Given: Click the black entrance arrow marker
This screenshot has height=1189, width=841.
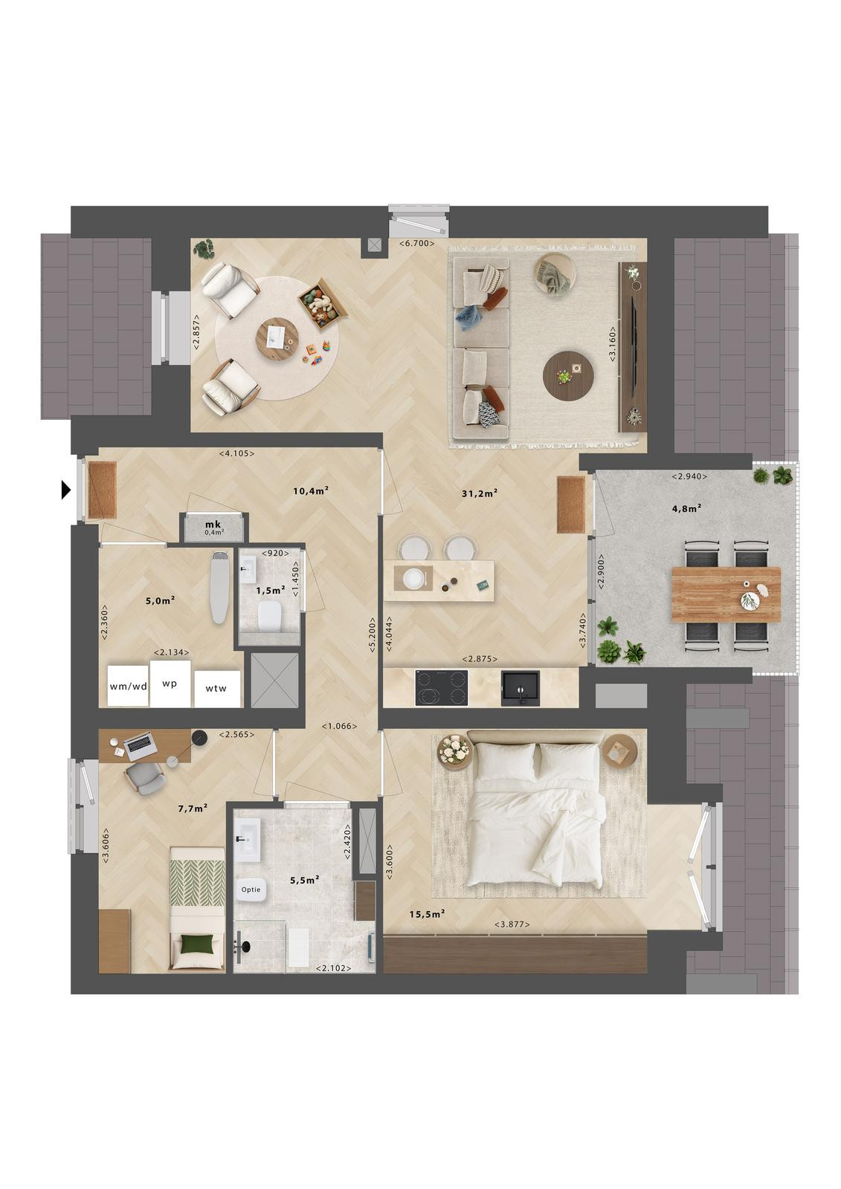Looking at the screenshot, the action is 66,490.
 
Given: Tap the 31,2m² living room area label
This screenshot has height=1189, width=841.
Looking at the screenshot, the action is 479,493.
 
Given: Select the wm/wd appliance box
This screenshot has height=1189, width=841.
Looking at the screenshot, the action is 128,686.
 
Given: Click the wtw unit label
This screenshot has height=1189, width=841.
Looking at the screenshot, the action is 216,688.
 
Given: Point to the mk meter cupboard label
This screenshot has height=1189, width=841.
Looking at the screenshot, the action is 213,525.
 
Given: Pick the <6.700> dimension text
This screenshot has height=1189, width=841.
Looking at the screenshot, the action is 417,244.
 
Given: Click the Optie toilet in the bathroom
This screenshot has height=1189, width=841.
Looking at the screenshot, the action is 251,889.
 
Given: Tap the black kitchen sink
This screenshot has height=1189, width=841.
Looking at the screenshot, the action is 521,688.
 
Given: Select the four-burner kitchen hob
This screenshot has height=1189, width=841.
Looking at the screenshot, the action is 442,688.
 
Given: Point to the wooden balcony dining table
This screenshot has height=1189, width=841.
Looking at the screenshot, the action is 726,594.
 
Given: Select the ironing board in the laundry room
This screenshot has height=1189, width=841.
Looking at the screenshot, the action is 221,586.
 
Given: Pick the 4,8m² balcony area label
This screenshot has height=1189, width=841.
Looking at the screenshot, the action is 686,508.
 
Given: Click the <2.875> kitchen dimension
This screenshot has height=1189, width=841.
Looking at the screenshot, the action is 479,658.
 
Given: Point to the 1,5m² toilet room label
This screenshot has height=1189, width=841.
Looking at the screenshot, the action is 271,590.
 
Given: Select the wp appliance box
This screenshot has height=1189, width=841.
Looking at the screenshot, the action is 170,684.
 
